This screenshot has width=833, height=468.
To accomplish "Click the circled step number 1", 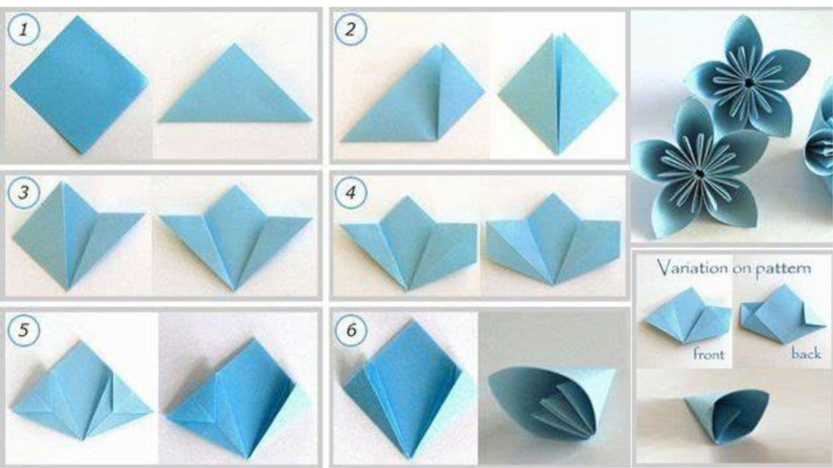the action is pos(23,30).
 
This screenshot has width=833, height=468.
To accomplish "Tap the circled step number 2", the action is pos(350,30).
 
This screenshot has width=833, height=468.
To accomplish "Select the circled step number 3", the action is pos(23,192).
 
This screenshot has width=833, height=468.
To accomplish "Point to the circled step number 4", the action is pos(350,192).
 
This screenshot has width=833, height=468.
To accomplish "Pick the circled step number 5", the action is pos(23,330).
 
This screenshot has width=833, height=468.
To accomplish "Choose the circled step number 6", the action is pos(351,330).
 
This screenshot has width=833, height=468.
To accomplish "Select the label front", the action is pos(709,353).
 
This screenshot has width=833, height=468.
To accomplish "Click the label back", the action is pos(806,353).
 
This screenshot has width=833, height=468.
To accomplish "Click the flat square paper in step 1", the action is pos(79,85).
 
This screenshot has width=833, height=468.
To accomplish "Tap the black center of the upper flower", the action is pos(748,83).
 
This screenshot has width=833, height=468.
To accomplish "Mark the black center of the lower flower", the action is pos(699,173).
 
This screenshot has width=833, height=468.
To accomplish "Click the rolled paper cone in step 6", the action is pos(552,402).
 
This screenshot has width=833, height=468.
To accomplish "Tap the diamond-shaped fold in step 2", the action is pos(558,94).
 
